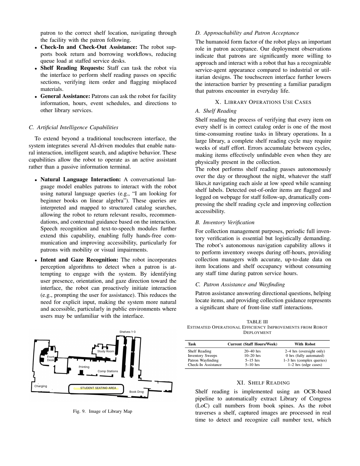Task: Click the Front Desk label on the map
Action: [x=51, y=358]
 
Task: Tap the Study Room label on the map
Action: [x=106, y=351]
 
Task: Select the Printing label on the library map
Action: [x=84, y=367]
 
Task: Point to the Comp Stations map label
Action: [x=108, y=371]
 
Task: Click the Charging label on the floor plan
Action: [x=41, y=386]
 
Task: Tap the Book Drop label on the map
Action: [x=137, y=392]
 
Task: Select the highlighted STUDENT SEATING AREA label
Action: [x=98, y=388]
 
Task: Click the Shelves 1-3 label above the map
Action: [x=127, y=332]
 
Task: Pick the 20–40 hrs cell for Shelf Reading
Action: [x=252, y=351]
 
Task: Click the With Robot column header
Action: [x=305, y=344]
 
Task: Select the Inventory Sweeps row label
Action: [x=202, y=356]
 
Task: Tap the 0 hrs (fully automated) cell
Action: [x=305, y=356]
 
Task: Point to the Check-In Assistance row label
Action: [x=205, y=365]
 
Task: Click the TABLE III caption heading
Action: [x=257, y=322]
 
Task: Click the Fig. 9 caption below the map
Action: [x=102, y=411]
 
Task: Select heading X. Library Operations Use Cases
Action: [x=263, y=102]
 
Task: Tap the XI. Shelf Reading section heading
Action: [x=263, y=383]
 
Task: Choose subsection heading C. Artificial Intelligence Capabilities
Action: [x=74, y=127]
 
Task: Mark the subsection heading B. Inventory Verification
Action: [x=225, y=222]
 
